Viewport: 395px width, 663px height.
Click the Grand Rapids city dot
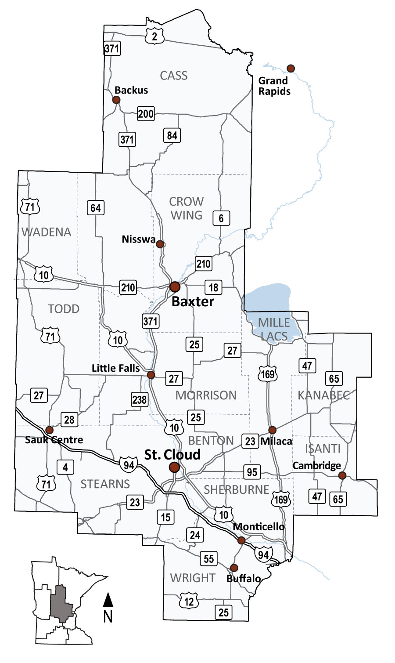(291, 68)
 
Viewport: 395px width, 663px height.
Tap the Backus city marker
(116, 100)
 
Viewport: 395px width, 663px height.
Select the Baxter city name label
(193, 301)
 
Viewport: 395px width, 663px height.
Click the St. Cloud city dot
(174, 467)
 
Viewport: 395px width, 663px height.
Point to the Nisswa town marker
(160, 244)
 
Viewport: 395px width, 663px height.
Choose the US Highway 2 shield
(154, 37)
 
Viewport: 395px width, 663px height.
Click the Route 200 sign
(146, 114)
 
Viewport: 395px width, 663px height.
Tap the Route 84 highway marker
(172, 135)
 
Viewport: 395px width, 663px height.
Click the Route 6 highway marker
(221, 217)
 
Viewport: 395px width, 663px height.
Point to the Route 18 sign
(213, 287)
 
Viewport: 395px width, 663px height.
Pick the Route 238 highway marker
(139, 399)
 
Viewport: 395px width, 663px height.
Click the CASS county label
(174, 76)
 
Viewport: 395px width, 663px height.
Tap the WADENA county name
(46, 232)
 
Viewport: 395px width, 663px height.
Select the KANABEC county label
(323, 395)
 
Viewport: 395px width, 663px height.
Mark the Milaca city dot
(273, 430)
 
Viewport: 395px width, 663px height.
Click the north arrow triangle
(108, 599)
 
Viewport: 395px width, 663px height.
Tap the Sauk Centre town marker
(49, 429)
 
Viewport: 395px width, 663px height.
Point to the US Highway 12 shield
(189, 601)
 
